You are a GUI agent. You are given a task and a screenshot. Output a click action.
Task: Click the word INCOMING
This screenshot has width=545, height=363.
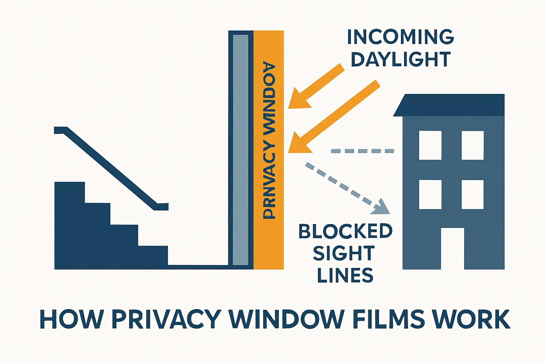pos(401,37)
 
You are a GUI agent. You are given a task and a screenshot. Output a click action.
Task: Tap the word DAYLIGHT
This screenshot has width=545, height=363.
pos(401,59)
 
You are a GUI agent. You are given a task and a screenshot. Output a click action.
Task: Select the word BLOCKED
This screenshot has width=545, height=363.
pos(345,231)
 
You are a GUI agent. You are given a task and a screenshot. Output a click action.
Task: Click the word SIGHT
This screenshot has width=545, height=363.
pos(344,253)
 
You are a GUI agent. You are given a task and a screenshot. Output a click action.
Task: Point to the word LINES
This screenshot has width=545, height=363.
pos(345,275)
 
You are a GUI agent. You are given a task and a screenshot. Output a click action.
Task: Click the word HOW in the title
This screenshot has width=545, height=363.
pos(72,319)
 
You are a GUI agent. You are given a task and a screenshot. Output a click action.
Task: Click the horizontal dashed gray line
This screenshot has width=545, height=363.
pos(362,151)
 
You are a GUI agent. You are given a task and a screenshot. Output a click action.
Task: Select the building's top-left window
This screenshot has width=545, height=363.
pos(430,145)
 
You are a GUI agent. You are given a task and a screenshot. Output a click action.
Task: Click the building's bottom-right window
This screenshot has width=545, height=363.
pos(473,194)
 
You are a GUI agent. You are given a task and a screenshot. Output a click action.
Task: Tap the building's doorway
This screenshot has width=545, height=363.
pos(452,248)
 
